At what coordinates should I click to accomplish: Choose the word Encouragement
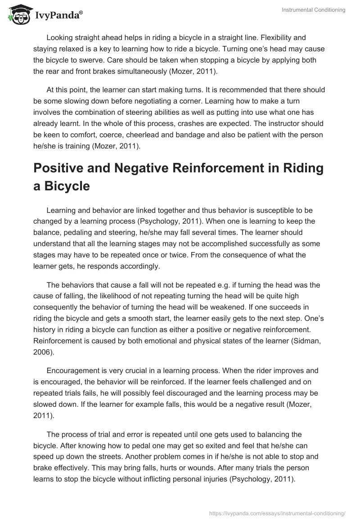(73, 370)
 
